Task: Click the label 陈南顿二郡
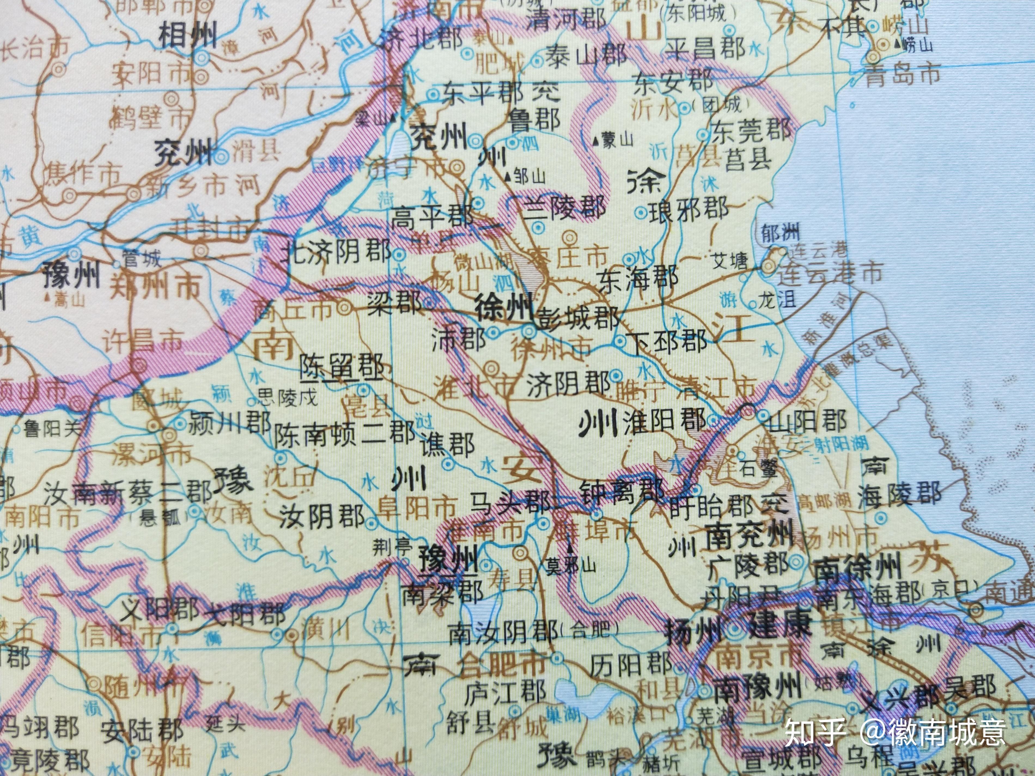click(x=344, y=433)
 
